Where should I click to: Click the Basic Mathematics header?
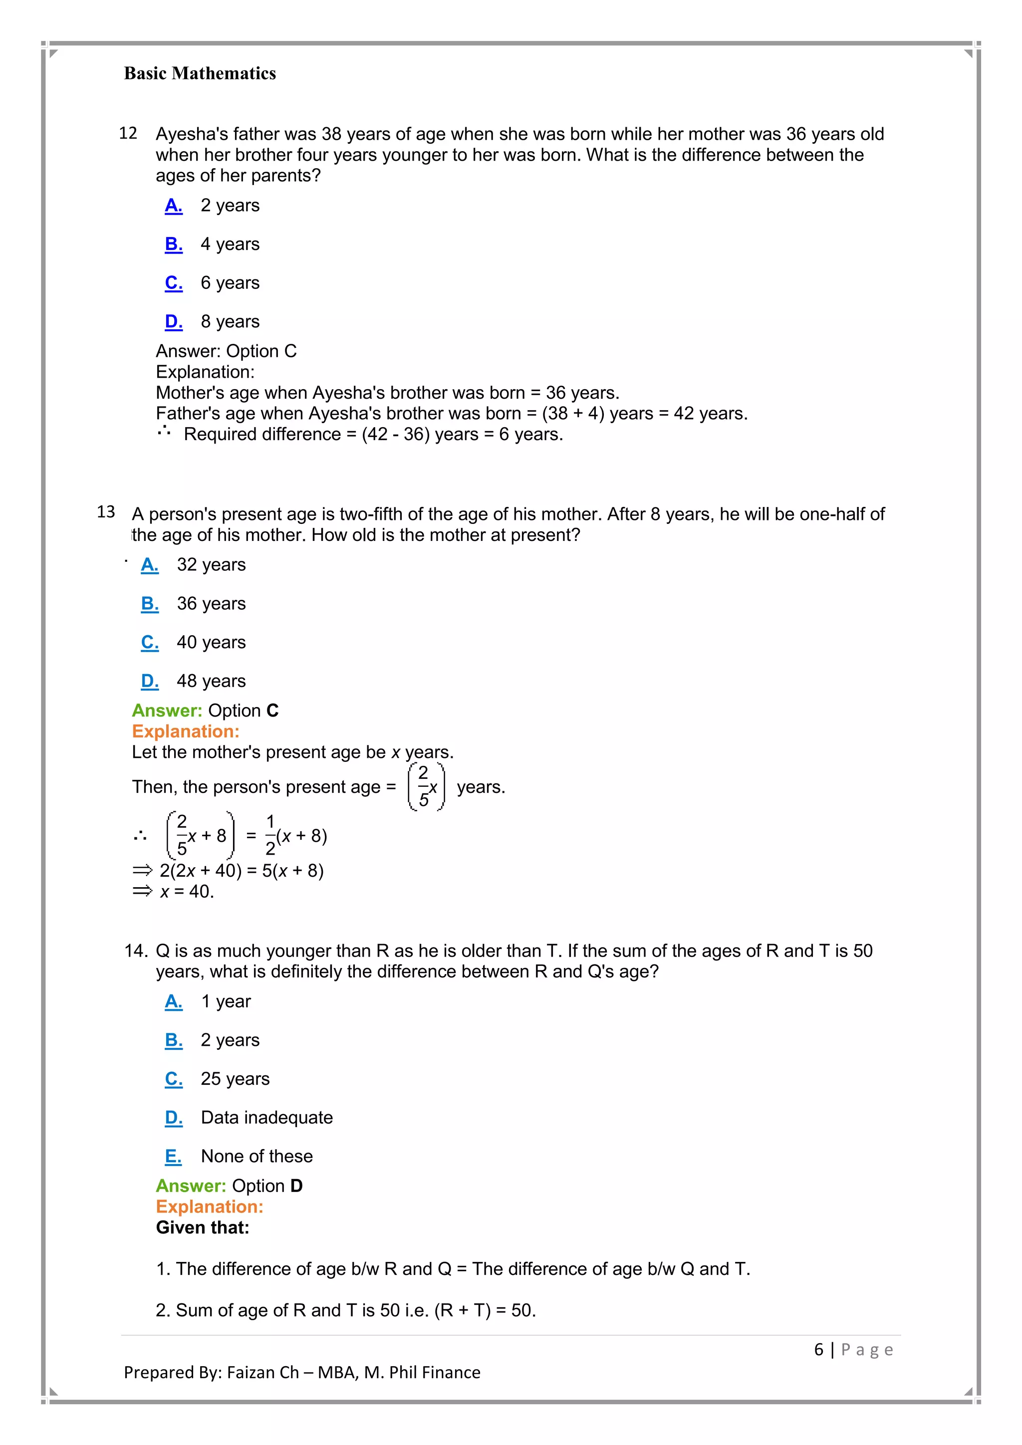tap(200, 74)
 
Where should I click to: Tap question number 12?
tap(128, 133)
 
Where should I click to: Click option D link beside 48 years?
tap(150, 681)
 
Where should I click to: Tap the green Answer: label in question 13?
tap(167, 711)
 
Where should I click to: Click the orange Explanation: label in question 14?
tap(210, 1206)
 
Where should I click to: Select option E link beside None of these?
tap(173, 1156)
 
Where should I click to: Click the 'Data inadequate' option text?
tap(267, 1117)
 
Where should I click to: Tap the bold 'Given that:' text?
tap(203, 1227)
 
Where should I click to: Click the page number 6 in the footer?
tap(819, 1349)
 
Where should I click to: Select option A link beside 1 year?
tap(174, 1001)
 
